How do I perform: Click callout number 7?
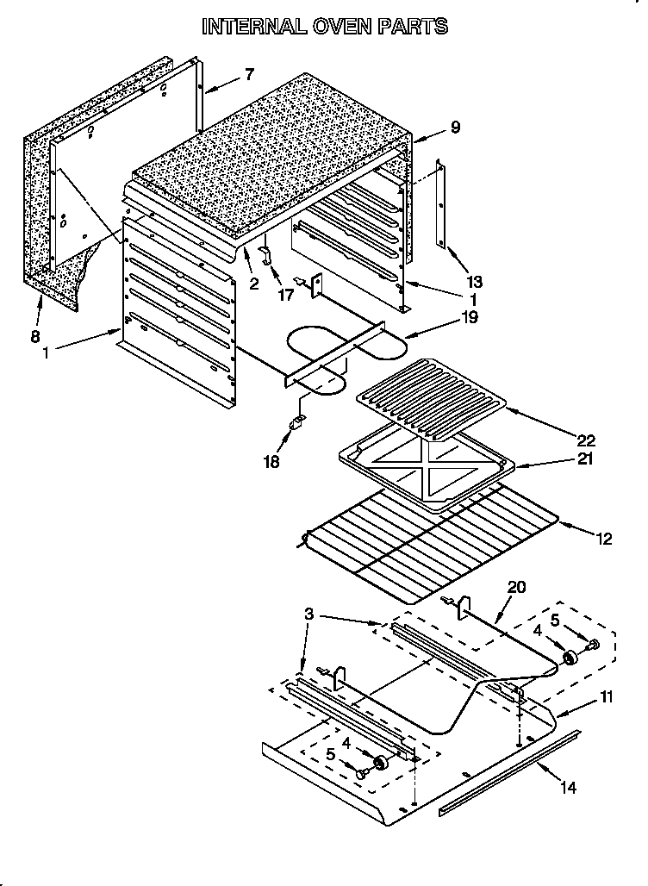(249, 74)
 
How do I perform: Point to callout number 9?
(455, 128)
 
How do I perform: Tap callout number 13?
(473, 281)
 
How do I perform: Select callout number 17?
(285, 295)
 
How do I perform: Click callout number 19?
(470, 316)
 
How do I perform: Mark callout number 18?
(271, 461)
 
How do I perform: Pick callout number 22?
(585, 440)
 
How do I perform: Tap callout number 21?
(585, 459)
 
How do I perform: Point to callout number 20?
(516, 587)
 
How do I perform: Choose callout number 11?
(607, 696)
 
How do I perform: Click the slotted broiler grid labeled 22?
(431, 392)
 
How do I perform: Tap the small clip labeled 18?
(298, 422)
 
